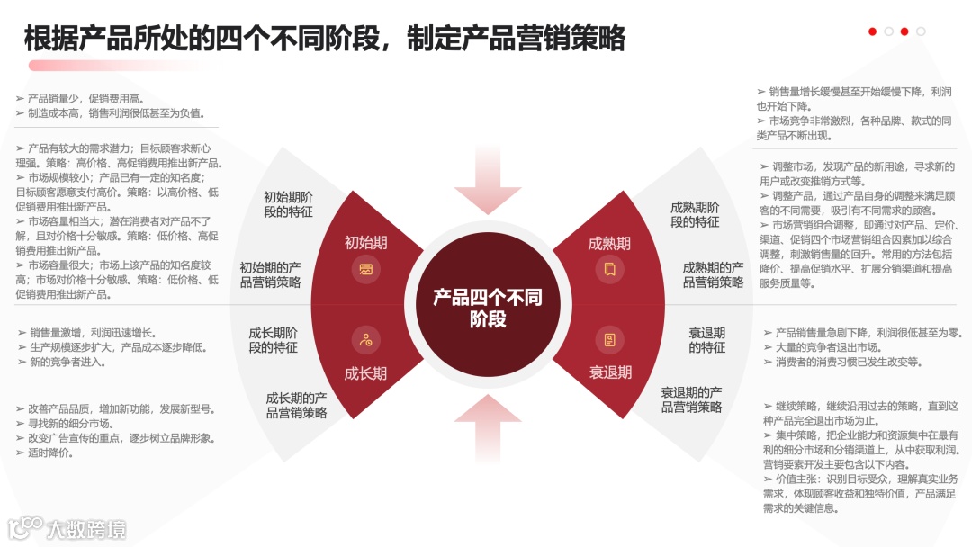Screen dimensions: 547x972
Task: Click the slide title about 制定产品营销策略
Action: [324, 39]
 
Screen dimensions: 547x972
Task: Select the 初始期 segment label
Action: [366, 243]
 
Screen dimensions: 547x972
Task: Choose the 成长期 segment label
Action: [366, 373]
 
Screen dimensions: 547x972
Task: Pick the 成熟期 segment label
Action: [609, 243]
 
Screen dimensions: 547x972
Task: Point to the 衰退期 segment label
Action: [610, 372]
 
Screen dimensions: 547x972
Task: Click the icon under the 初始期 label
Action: [366, 269]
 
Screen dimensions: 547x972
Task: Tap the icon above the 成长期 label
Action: [366, 339]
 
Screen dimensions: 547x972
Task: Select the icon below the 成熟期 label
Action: [609, 269]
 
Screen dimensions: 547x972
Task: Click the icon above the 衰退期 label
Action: [609, 339]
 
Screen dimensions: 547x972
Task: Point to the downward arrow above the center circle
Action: [487, 184]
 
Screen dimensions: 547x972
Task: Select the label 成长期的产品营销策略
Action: [296, 405]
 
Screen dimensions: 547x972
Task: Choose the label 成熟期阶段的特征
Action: [695, 214]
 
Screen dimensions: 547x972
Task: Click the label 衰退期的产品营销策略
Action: [691, 399]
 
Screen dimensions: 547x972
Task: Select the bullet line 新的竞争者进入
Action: [67, 362]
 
